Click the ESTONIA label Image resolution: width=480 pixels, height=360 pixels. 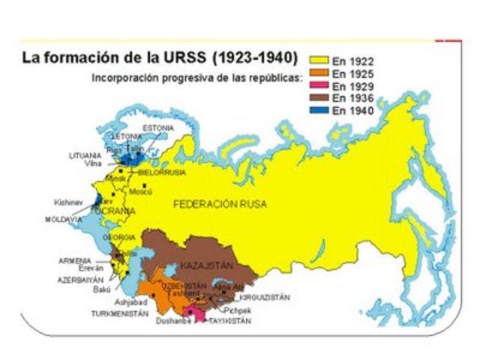[x=158, y=128]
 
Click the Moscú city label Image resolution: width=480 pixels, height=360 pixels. [x=141, y=192]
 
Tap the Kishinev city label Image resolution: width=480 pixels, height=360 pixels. [x=67, y=202]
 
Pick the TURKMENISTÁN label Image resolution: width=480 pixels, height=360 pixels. [x=120, y=313]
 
